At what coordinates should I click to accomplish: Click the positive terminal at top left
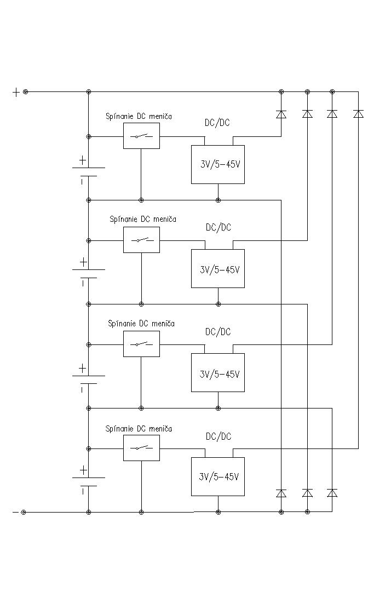pos(25,92)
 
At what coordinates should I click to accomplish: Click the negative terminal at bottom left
pos(24,512)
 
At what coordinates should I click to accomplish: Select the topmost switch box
pos(141,136)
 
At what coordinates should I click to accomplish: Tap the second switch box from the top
pos(141,240)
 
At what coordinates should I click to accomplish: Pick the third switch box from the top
pos(141,344)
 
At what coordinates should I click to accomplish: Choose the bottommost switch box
pos(141,448)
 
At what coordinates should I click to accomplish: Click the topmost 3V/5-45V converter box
pos(218,164)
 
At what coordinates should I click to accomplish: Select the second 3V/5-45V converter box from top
pos(218,268)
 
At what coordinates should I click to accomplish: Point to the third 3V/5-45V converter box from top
pos(218,372)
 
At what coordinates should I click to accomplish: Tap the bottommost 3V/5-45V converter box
pos(218,476)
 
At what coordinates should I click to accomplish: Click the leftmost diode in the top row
pos(281,114)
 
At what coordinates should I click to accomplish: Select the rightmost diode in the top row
pos(359,114)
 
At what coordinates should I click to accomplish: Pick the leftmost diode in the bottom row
pos(281,493)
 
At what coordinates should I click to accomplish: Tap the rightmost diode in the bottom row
pos(332,493)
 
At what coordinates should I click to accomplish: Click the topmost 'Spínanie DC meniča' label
pos(139,117)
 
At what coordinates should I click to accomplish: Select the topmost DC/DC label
pos(217,123)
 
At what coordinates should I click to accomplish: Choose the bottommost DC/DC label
pos(219,436)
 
